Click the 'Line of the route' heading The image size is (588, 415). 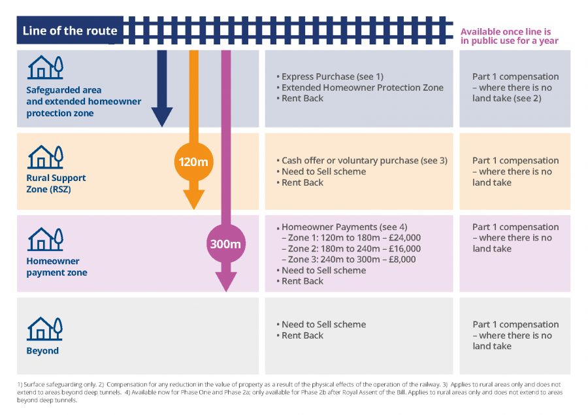[x=70, y=31]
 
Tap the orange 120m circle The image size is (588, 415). [x=189, y=161]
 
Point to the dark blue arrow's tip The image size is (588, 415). [x=162, y=124]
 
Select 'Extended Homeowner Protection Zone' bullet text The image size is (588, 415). [x=362, y=88]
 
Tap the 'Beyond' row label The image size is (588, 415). [x=42, y=351]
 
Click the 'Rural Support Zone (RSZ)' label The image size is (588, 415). [x=56, y=183]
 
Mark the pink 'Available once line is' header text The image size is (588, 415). [x=506, y=31]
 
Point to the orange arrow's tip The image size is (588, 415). [x=193, y=207]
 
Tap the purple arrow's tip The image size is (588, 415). [x=226, y=290]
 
